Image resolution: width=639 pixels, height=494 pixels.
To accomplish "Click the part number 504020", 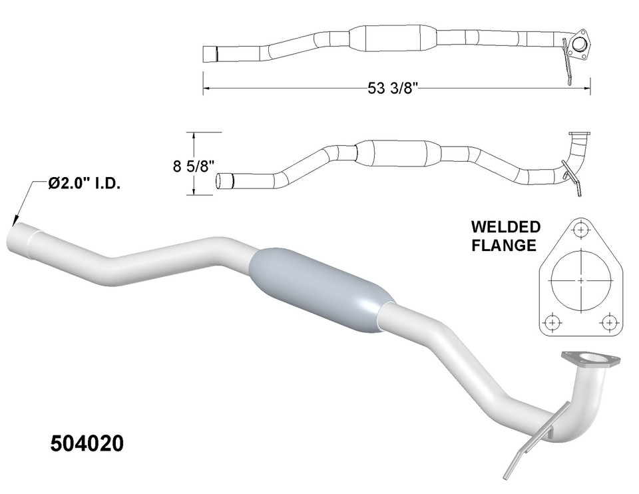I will click(x=87, y=444).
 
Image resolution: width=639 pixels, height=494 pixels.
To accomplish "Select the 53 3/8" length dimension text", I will click(x=397, y=88).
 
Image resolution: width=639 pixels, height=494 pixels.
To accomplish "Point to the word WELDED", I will click(x=506, y=227).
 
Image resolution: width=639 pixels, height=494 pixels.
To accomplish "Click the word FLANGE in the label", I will click(x=504, y=245).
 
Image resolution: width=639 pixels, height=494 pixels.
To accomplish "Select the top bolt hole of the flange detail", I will click(x=582, y=230).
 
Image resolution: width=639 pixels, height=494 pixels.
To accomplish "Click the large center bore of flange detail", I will click(x=581, y=280).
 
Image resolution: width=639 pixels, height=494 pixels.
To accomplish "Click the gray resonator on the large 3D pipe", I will click(x=317, y=290).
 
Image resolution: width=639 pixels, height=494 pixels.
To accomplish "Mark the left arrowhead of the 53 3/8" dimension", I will click(x=207, y=88).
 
